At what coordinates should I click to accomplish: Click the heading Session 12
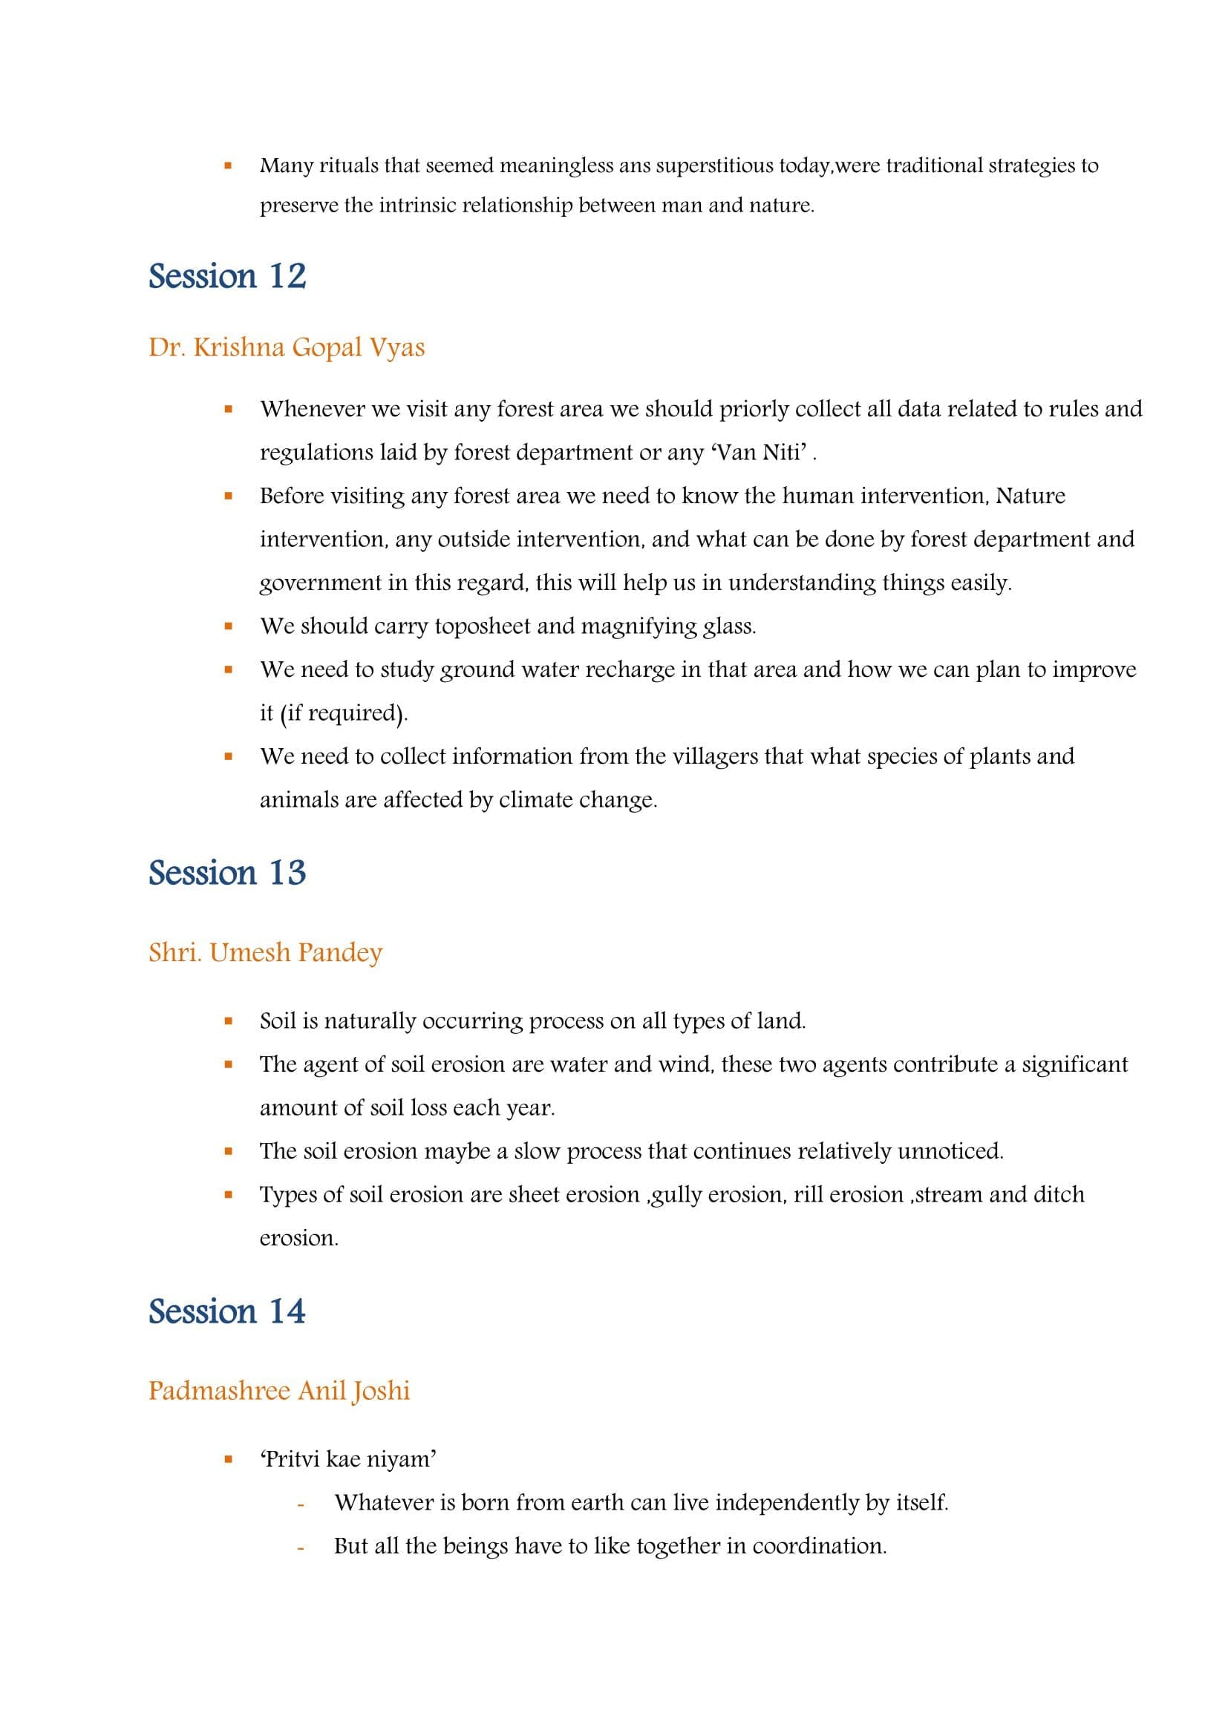coord(227,277)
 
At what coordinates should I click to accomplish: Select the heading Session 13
coord(227,874)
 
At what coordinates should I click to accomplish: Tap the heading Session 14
coord(227,1311)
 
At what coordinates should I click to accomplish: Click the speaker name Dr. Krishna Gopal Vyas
coord(287,348)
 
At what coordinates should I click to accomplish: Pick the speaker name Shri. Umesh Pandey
coord(265,953)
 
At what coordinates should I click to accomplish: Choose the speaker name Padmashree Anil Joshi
coord(279,1391)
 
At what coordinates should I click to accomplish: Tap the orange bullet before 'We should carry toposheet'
coord(228,626)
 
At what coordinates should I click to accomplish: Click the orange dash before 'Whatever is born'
coord(301,1504)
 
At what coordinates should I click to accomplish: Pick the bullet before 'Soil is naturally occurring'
coord(228,1021)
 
